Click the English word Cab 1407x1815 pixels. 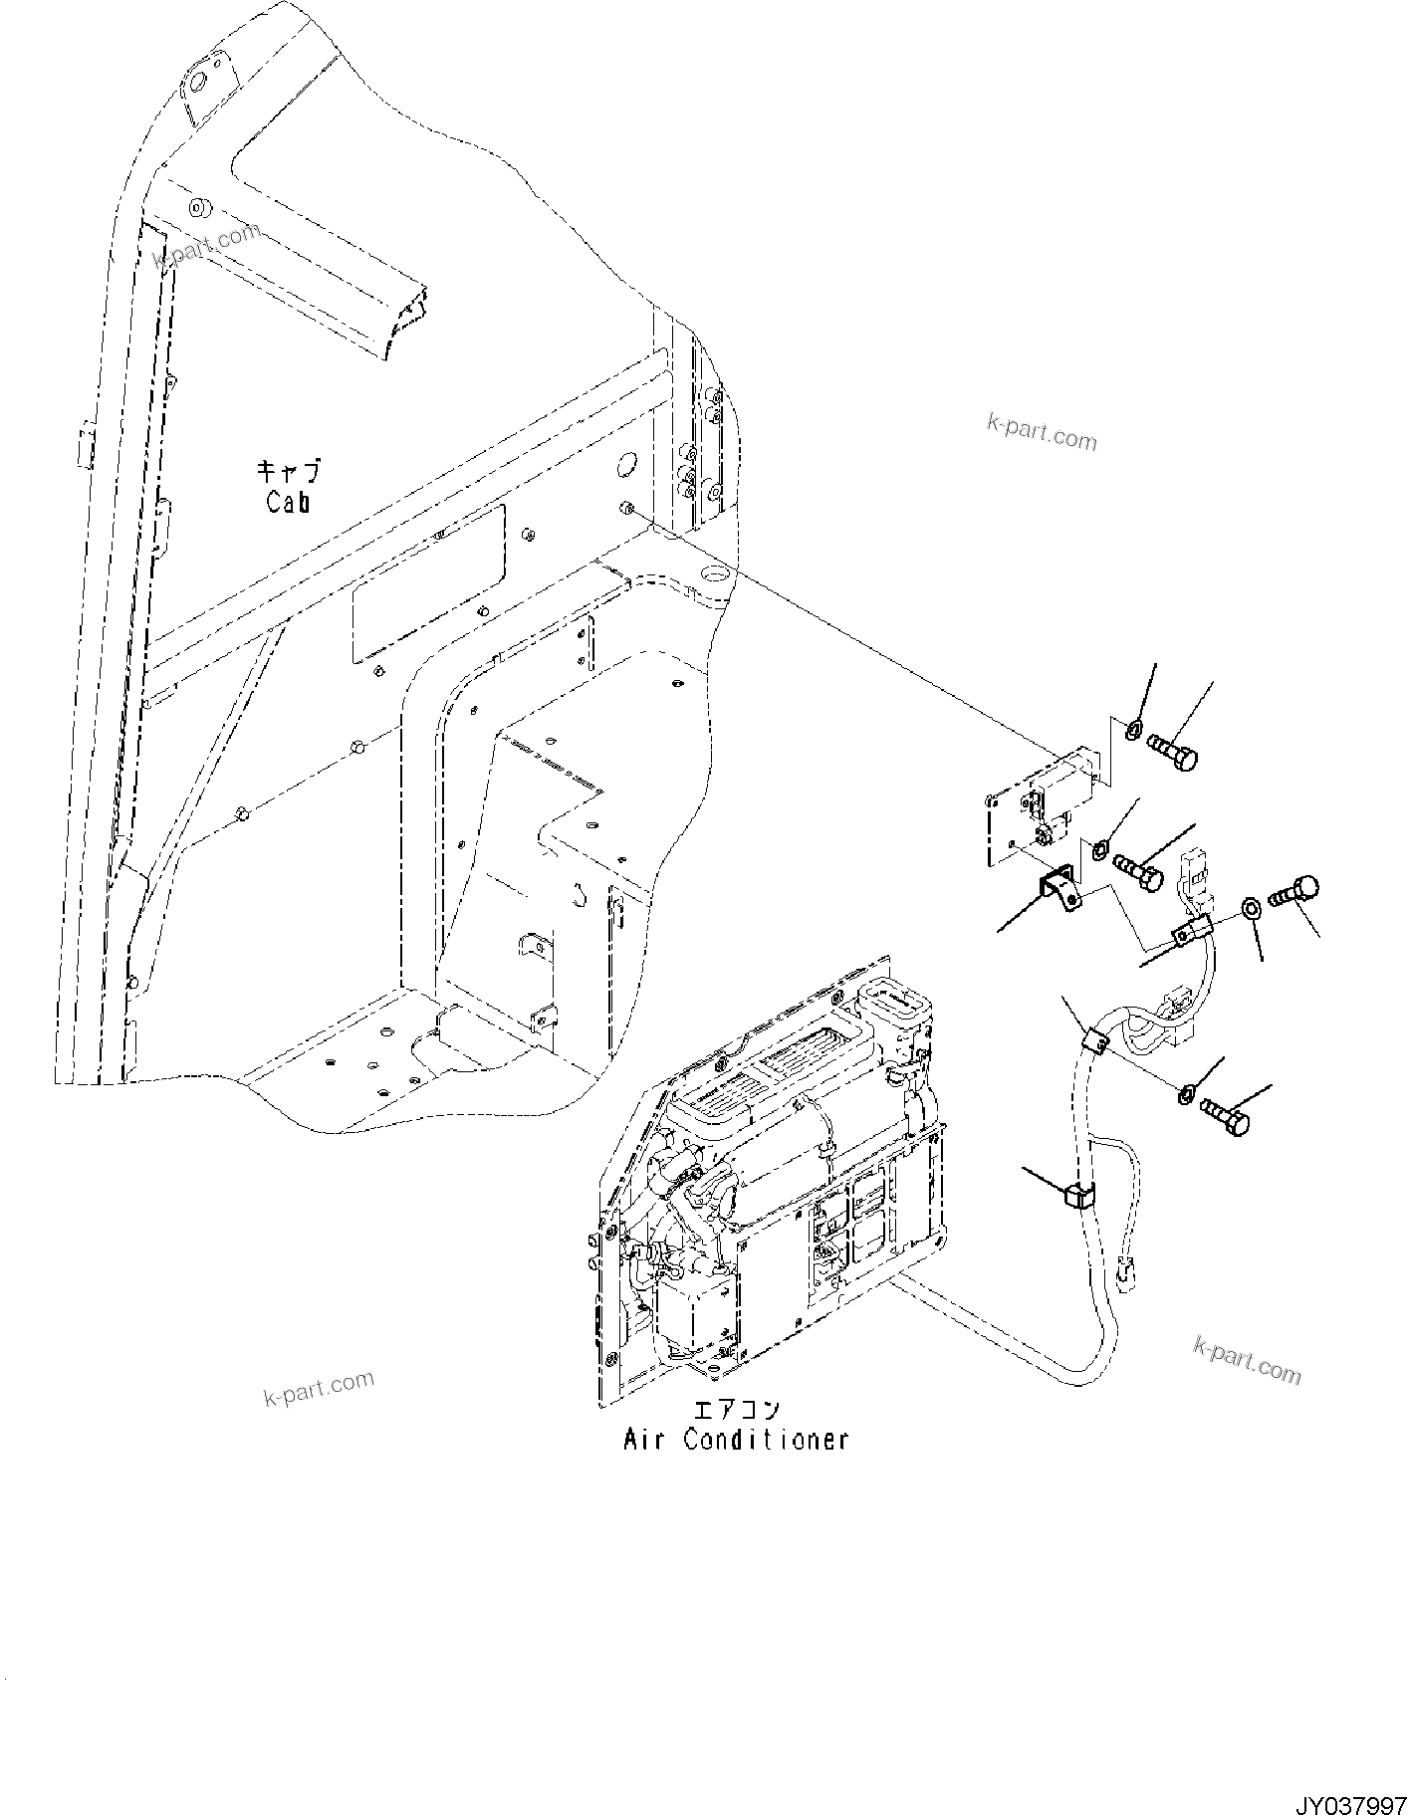(x=288, y=501)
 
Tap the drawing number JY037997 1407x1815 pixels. (x=1349, y=1802)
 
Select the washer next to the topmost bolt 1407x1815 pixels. (x=1133, y=732)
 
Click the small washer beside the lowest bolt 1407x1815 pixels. (x=1186, y=1096)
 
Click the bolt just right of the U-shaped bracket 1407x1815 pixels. (x=1139, y=867)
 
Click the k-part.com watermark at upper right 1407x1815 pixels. (x=1041, y=432)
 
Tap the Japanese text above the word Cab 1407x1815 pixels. (x=290, y=471)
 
